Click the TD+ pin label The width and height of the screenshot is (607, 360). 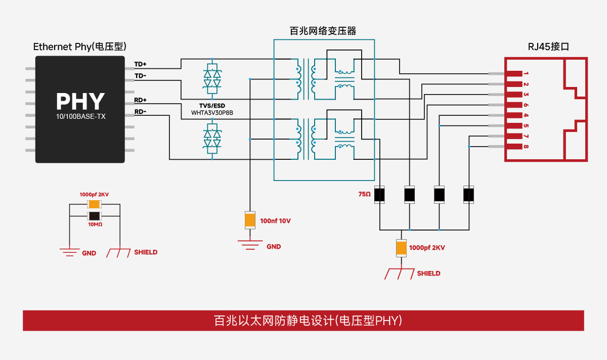[x=140, y=65]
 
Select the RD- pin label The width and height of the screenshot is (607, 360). [x=140, y=112]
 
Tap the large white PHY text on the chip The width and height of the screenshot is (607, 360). [x=80, y=102]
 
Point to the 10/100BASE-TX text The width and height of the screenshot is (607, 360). [x=80, y=116]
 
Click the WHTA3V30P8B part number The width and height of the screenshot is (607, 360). [x=212, y=112]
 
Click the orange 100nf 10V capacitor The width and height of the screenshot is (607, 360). [x=250, y=220]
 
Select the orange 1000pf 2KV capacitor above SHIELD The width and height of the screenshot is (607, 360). [x=401, y=248]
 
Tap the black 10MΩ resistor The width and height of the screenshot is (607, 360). [x=95, y=216]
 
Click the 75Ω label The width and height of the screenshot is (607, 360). [x=365, y=194]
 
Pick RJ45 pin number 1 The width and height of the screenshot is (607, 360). [x=526, y=74]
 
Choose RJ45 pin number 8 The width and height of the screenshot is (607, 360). [x=526, y=147]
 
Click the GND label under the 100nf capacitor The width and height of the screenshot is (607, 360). [x=274, y=247]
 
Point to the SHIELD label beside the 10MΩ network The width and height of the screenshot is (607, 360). [x=146, y=252]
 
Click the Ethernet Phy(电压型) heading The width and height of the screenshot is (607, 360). [x=80, y=47]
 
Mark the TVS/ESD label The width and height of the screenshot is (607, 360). [x=212, y=106]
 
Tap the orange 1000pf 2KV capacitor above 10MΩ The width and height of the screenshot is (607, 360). [x=95, y=204]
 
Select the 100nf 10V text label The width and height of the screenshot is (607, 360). [x=276, y=221]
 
